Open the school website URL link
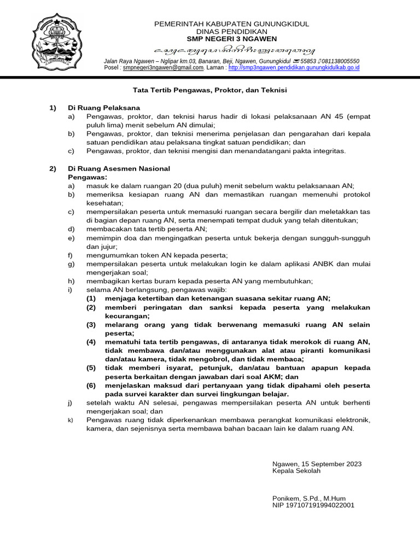(x=294, y=68)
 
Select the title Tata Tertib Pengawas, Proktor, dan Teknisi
(x=210, y=89)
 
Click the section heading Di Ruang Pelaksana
(x=104, y=108)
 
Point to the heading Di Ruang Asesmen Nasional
(x=119, y=168)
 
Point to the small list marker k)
(x=70, y=420)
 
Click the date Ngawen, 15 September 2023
(x=317, y=464)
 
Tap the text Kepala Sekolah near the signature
(x=296, y=471)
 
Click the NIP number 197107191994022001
(x=313, y=505)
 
